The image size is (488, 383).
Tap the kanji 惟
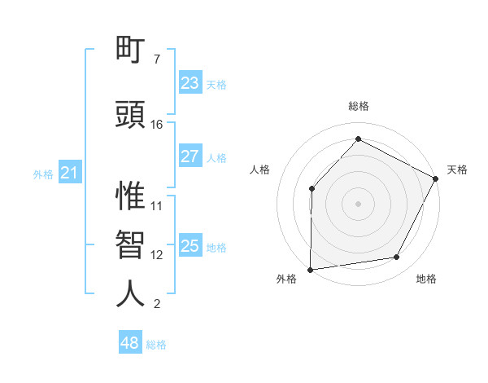(x=130, y=196)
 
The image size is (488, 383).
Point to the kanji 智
(x=130, y=244)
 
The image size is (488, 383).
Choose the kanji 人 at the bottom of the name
(x=130, y=293)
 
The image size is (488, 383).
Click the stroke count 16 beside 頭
(x=157, y=125)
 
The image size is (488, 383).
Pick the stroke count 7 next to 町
(x=156, y=60)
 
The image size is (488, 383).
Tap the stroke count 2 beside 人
(x=156, y=304)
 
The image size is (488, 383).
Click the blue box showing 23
(x=190, y=83)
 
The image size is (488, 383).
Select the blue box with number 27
(x=190, y=156)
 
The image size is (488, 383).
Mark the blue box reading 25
(x=190, y=246)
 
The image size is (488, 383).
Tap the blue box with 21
(x=69, y=173)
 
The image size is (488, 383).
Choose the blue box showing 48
(x=129, y=343)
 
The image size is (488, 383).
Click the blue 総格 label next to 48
(x=156, y=345)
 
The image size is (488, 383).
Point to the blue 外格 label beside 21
(x=43, y=174)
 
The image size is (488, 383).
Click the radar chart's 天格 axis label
(x=457, y=169)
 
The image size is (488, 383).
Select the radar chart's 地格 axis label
(x=426, y=280)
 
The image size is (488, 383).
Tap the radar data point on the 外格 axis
(x=310, y=269)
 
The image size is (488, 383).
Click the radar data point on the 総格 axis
(x=358, y=139)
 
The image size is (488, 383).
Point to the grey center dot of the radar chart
(x=358, y=203)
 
